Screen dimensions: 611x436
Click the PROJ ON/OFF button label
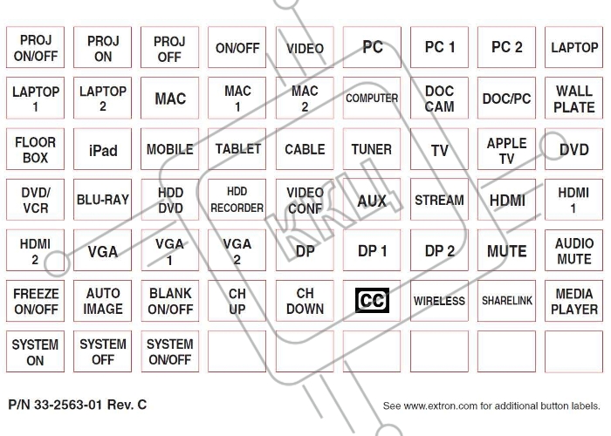tap(36, 47)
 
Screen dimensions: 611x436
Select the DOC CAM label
tap(439, 99)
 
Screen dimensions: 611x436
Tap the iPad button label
tap(103, 150)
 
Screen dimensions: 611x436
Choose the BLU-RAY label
tap(103, 200)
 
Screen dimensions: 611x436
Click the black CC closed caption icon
tap(372, 300)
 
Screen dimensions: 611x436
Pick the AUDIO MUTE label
tap(574, 251)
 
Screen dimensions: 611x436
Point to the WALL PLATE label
tap(574, 99)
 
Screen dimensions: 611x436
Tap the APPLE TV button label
tap(506, 150)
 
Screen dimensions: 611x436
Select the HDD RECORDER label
tap(237, 200)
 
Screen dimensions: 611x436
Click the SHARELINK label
tap(506, 301)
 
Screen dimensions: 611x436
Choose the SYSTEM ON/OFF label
tap(170, 351)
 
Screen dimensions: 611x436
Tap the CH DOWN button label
tap(305, 301)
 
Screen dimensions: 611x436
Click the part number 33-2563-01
tap(68, 405)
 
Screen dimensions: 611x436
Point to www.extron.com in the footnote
tap(440, 406)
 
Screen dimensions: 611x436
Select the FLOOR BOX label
tap(36, 150)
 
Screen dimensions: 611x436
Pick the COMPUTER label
tap(372, 99)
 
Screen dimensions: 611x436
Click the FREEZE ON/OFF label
tap(36, 301)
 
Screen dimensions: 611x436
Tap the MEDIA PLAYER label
tap(574, 301)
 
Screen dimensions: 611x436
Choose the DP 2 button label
tap(439, 251)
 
